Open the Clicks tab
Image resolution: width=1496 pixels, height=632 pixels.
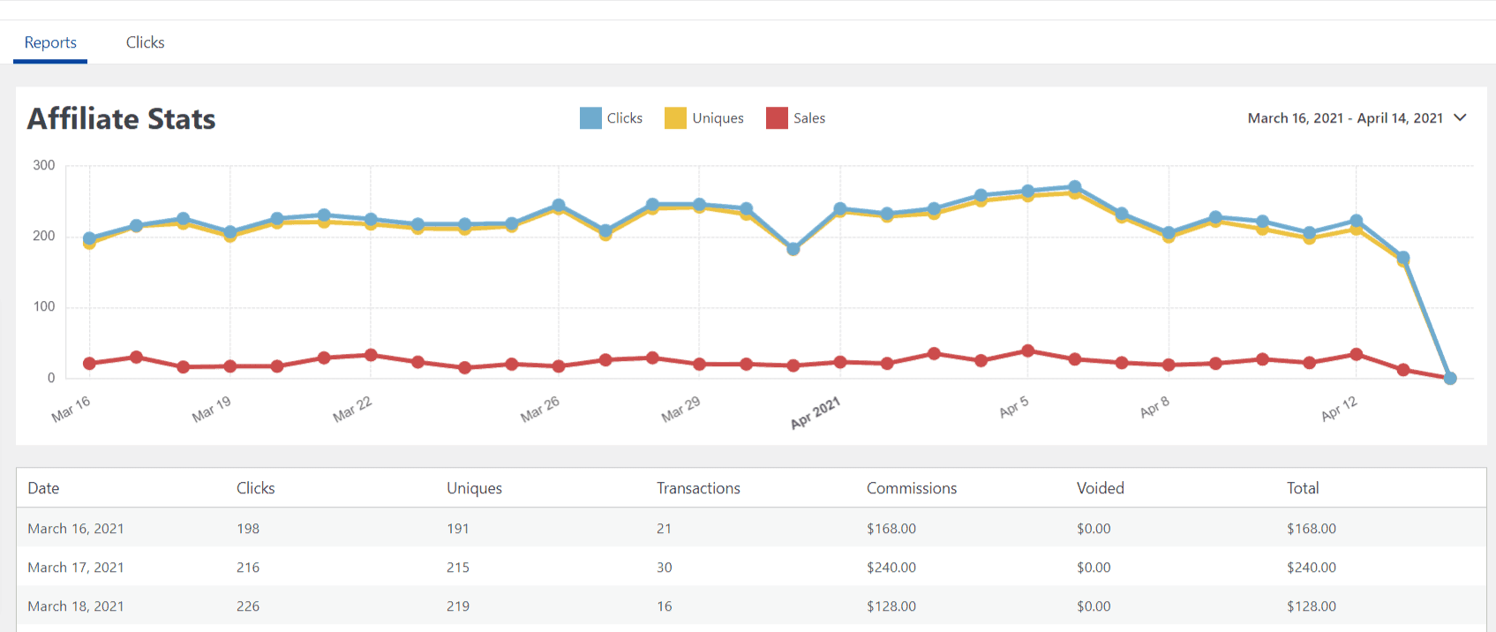(145, 42)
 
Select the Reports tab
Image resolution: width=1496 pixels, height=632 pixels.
(50, 42)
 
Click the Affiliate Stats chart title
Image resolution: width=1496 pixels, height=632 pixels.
(122, 119)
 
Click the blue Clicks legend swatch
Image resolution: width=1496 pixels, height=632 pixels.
(590, 118)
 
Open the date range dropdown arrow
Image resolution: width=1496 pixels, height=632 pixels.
(1460, 117)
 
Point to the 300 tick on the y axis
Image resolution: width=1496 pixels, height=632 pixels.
(44, 165)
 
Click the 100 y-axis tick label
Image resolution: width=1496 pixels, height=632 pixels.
(44, 306)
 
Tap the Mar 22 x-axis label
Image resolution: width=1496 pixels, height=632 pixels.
(353, 409)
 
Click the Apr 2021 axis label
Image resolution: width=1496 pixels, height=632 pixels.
(816, 412)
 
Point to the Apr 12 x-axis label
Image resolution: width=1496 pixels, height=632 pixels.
(1339, 408)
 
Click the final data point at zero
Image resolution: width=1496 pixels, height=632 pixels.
(1449, 378)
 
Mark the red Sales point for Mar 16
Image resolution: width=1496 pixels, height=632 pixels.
(89, 364)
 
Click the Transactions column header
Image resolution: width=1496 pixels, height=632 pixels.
(698, 488)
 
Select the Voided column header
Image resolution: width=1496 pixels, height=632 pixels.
(1100, 488)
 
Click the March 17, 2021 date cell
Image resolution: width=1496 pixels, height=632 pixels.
(76, 568)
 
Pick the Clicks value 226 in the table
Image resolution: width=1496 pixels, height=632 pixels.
(248, 606)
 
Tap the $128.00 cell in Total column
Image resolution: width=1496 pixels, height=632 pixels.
(1311, 606)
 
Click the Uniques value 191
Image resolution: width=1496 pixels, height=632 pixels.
(457, 529)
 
